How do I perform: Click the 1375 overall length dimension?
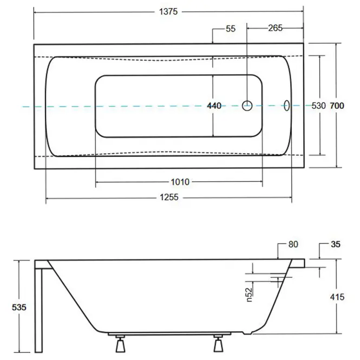point(168,11)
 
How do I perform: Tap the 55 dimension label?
point(231,29)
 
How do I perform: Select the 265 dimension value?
point(276,28)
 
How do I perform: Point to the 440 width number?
point(214,106)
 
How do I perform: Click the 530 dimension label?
point(319,106)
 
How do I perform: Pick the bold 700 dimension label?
point(337,106)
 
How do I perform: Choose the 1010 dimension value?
point(180,182)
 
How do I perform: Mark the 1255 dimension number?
point(169,197)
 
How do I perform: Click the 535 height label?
point(19,307)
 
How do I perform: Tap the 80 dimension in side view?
point(293,244)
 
